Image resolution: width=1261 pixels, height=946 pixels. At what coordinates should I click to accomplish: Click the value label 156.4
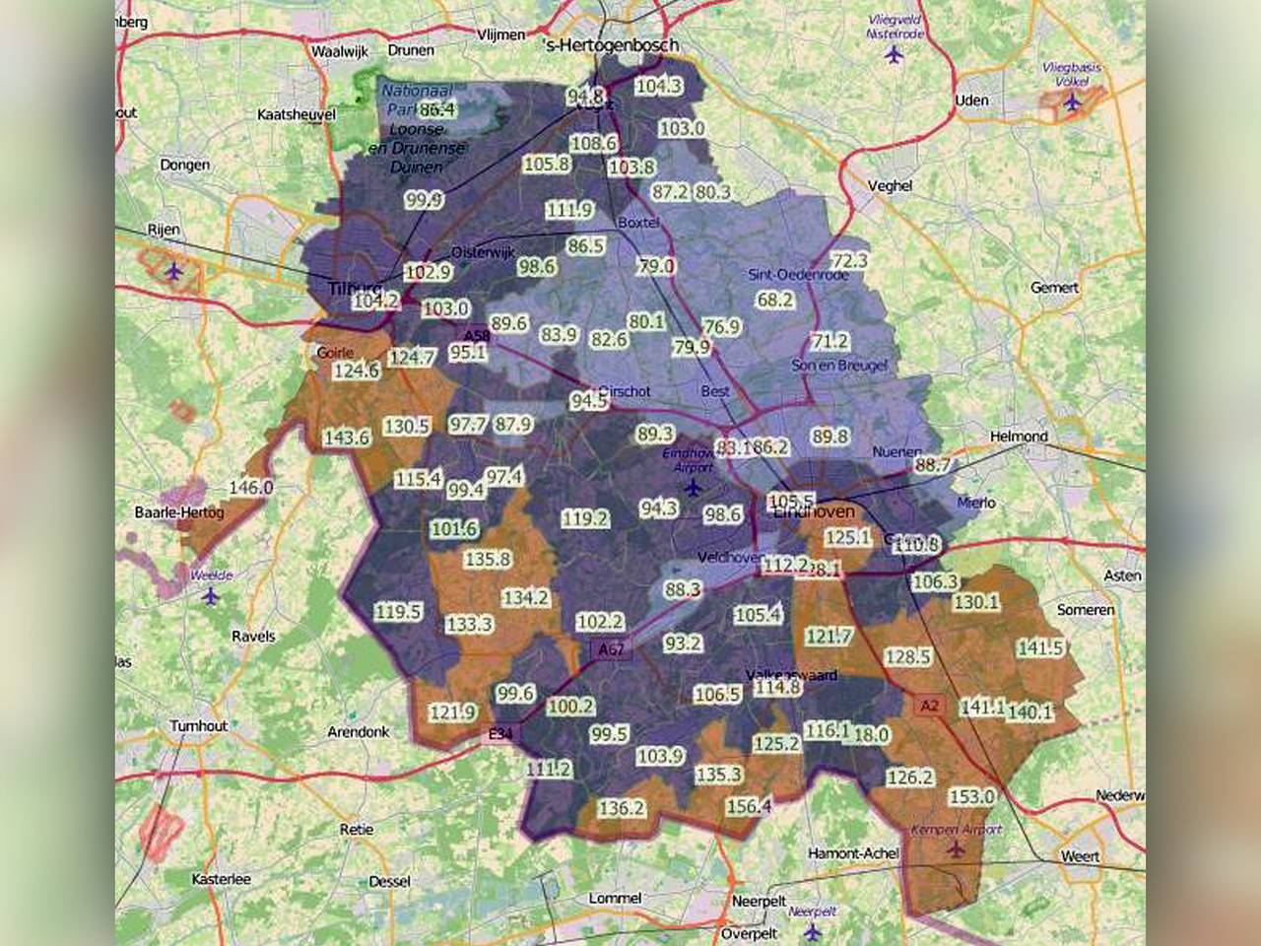click(x=749, y=807)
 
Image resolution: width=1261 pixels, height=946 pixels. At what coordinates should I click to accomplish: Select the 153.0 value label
click(x=971, y=796)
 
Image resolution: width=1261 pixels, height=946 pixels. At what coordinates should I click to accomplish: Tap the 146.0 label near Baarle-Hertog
click(x=250, y=487)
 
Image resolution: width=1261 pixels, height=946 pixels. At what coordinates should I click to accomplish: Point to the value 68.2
click(x=774, y=299)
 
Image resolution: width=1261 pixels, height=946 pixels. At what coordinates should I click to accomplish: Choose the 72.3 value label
click(x=849, y=260)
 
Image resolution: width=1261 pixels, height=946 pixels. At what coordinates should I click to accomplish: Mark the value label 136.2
click(x=622, y=808)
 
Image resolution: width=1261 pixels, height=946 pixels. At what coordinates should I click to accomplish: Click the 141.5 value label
click(x=1040, y=647)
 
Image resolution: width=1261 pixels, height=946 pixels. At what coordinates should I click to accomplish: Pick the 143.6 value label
click(x=346, y=437)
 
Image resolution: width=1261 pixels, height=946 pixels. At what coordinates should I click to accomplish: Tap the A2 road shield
click(x=929, y=706)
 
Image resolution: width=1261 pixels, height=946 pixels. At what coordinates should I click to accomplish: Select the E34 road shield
click(x=500, y=734)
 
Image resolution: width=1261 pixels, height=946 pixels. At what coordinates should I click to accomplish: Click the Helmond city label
click(x=1019, y=436)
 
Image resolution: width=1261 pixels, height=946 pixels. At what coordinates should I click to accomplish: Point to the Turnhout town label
click(x=198, y=725)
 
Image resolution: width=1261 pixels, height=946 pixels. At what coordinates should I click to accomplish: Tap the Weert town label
click(x=1080, y=856)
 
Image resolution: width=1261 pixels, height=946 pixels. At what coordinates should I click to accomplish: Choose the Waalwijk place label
click(x=339, y=50)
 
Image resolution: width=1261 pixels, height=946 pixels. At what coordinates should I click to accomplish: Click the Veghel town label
click(x=890, y=185)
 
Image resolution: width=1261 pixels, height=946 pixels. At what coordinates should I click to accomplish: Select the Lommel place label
click(x=615, y=898)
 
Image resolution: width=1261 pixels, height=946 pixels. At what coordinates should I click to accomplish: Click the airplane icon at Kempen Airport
click(x=953, y=849)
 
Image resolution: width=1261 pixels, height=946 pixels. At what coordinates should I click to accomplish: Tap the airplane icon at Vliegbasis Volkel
click(x=1073, y=101)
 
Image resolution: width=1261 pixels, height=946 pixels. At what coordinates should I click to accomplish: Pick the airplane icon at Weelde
click(x=211, y=596)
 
